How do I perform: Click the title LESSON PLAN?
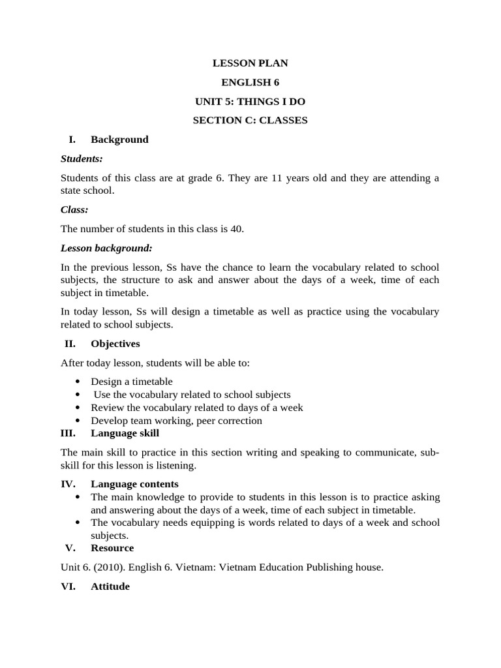coord(250,63)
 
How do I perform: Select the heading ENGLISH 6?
coord(250,82)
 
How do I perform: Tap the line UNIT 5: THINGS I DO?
coord(250,102)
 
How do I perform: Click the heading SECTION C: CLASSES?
coord(250,121)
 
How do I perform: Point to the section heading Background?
coord(119,140)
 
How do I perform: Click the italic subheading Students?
coord(82,159)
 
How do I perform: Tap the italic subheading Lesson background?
coord(106,248)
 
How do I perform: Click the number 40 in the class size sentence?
coord(237,229)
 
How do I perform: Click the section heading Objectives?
coord(115,344)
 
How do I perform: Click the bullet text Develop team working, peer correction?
coord(176,421)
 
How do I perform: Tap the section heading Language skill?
coord(125,433)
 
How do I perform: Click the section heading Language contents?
coord(134,484)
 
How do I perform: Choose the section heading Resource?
coord(112,548)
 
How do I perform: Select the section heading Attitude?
coord(110,586)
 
